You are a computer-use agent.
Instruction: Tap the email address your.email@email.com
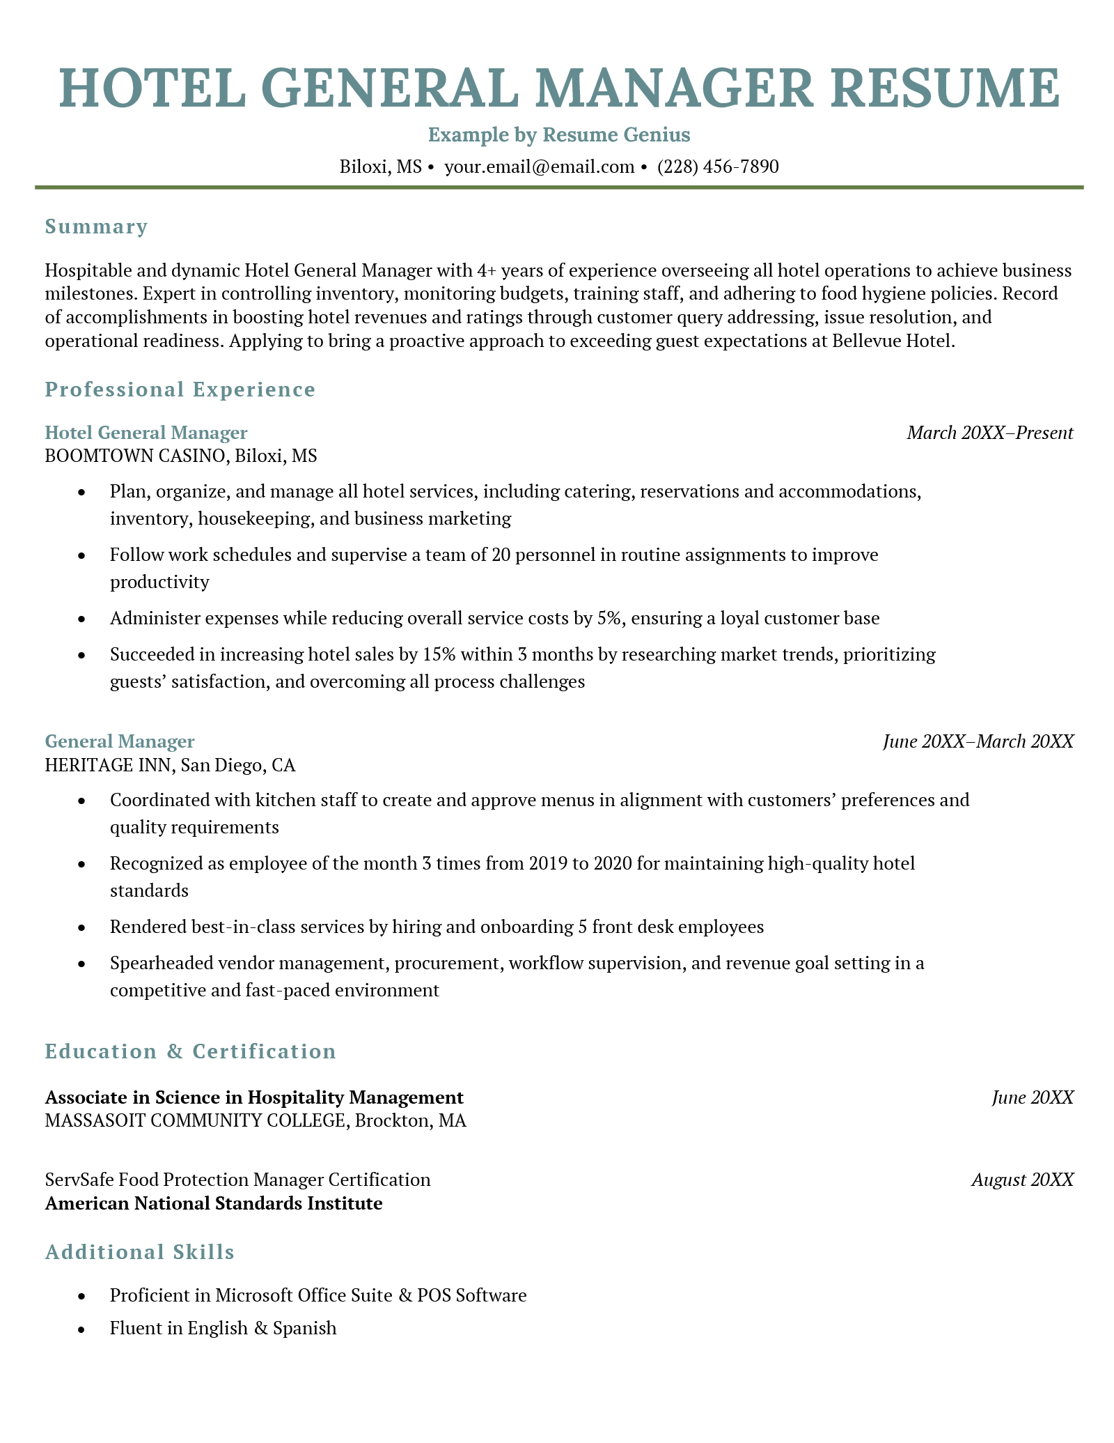(x=539, y=167)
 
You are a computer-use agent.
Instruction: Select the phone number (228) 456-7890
(x=718, y=167)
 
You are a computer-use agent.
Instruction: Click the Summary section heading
(x=96, y=227)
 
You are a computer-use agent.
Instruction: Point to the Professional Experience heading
(x=180, y=389)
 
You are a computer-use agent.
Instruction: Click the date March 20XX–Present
(x=989, y=433)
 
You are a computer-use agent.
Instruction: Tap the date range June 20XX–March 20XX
(x=978, y=741)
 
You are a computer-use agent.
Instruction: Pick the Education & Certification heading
(x=190, y=1051)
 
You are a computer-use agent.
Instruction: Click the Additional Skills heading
(x=139, y=1252)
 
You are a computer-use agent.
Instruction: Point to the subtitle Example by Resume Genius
(x=558, y=134)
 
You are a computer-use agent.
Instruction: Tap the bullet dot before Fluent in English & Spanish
(x=83, y=1329)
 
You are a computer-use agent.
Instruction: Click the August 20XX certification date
(x=1022, y=1180)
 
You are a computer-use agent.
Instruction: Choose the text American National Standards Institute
(x=213, y=1203)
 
